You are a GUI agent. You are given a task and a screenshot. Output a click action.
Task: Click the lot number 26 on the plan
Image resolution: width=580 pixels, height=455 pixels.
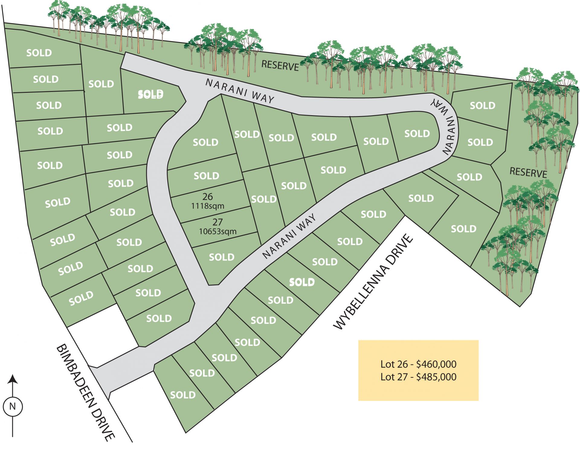[208, 197]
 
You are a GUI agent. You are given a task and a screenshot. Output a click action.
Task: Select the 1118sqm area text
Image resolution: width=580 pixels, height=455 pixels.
[208, 206]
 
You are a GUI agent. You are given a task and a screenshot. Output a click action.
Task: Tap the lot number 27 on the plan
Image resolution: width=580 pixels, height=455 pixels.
[217, 222]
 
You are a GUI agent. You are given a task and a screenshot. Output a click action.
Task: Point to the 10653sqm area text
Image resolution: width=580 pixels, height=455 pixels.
[217, 232]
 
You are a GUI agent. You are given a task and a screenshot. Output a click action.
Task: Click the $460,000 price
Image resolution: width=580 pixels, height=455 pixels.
[436, 364]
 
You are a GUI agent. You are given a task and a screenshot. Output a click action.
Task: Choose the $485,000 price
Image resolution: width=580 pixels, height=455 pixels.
[436, 377]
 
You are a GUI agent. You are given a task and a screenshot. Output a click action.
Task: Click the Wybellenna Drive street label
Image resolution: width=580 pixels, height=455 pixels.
[373, 282]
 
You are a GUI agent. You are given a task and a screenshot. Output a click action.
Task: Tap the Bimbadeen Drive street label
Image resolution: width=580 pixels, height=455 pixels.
[85, 392]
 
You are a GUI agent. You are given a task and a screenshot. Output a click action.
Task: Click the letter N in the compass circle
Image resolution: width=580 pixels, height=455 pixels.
[12, 406]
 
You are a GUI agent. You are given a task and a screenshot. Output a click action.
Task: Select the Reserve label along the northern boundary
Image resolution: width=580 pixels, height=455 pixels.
[280, 65]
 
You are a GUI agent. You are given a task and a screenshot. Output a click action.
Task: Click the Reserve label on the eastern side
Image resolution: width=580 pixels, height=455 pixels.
[528, 172]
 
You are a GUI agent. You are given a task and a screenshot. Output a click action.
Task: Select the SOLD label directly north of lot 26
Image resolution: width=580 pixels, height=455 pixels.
[206, 176]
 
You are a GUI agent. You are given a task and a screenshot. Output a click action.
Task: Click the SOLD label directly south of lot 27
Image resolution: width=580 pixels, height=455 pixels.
[222, 257]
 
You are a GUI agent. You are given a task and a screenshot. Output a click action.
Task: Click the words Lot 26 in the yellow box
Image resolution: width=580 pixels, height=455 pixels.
[394, 364]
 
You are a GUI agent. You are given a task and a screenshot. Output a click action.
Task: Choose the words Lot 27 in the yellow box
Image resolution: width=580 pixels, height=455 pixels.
[394, 377]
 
